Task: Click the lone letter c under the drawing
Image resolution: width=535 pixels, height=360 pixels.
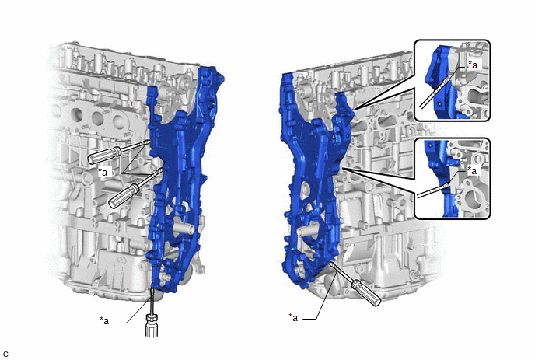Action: pyautogui.click(x=5, y=355)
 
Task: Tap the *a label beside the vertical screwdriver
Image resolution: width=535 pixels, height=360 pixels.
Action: pyautogui.click(x=104, y=320)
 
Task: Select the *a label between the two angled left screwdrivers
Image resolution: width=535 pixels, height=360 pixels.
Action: pyautogui.click(x=103, y=172)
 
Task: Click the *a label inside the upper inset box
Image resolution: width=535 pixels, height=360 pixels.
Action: pyautogui.click(x=473, y=65)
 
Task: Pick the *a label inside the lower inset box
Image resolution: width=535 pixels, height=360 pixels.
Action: pyautogui.click(x=472, y=170)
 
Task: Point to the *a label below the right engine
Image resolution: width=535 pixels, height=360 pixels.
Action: pyautogui.click(x=293, y=317)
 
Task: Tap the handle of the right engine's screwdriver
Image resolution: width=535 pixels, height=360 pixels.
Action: pyautogui.click(x=366, y=292)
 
